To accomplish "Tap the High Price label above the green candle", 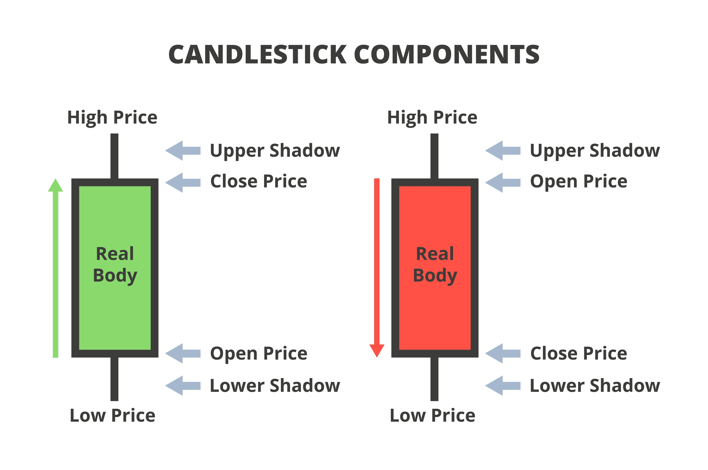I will tap(112, 117).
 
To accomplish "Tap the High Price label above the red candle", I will tap(432, 117).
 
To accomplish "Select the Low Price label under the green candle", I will tap(112, 416).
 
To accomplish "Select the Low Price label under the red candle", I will tap(432, 416).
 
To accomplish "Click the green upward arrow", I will tap(55, 270).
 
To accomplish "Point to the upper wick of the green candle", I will tap(114, 156).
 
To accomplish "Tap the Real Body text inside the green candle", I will tap(115, 264).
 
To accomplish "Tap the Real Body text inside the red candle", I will tap(435, 264).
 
